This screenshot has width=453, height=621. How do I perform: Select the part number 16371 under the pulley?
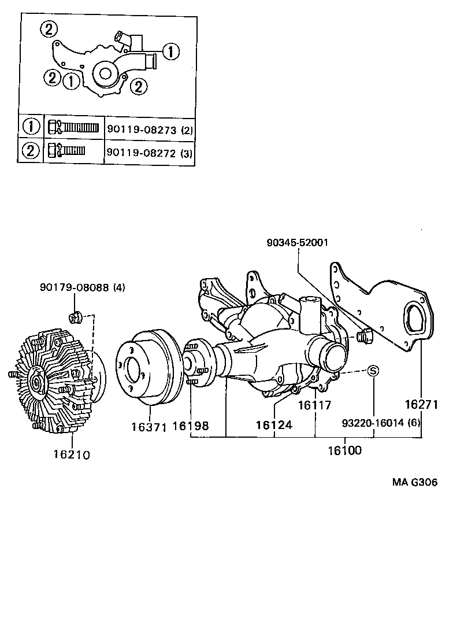(x=148, y=427)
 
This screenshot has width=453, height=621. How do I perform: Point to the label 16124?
(x=274, y=425)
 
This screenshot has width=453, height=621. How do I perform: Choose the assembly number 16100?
(x=345, y=449)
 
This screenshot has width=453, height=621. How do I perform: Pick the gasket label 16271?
(x=420, y=404)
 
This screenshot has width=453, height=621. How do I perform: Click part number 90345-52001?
(x=298, y=243)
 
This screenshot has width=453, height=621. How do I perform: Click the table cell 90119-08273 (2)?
(x=149, y=130)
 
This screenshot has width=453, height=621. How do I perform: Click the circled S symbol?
(x=373, y=371)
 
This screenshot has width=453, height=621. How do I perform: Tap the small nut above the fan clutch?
(x=75, y=316)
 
